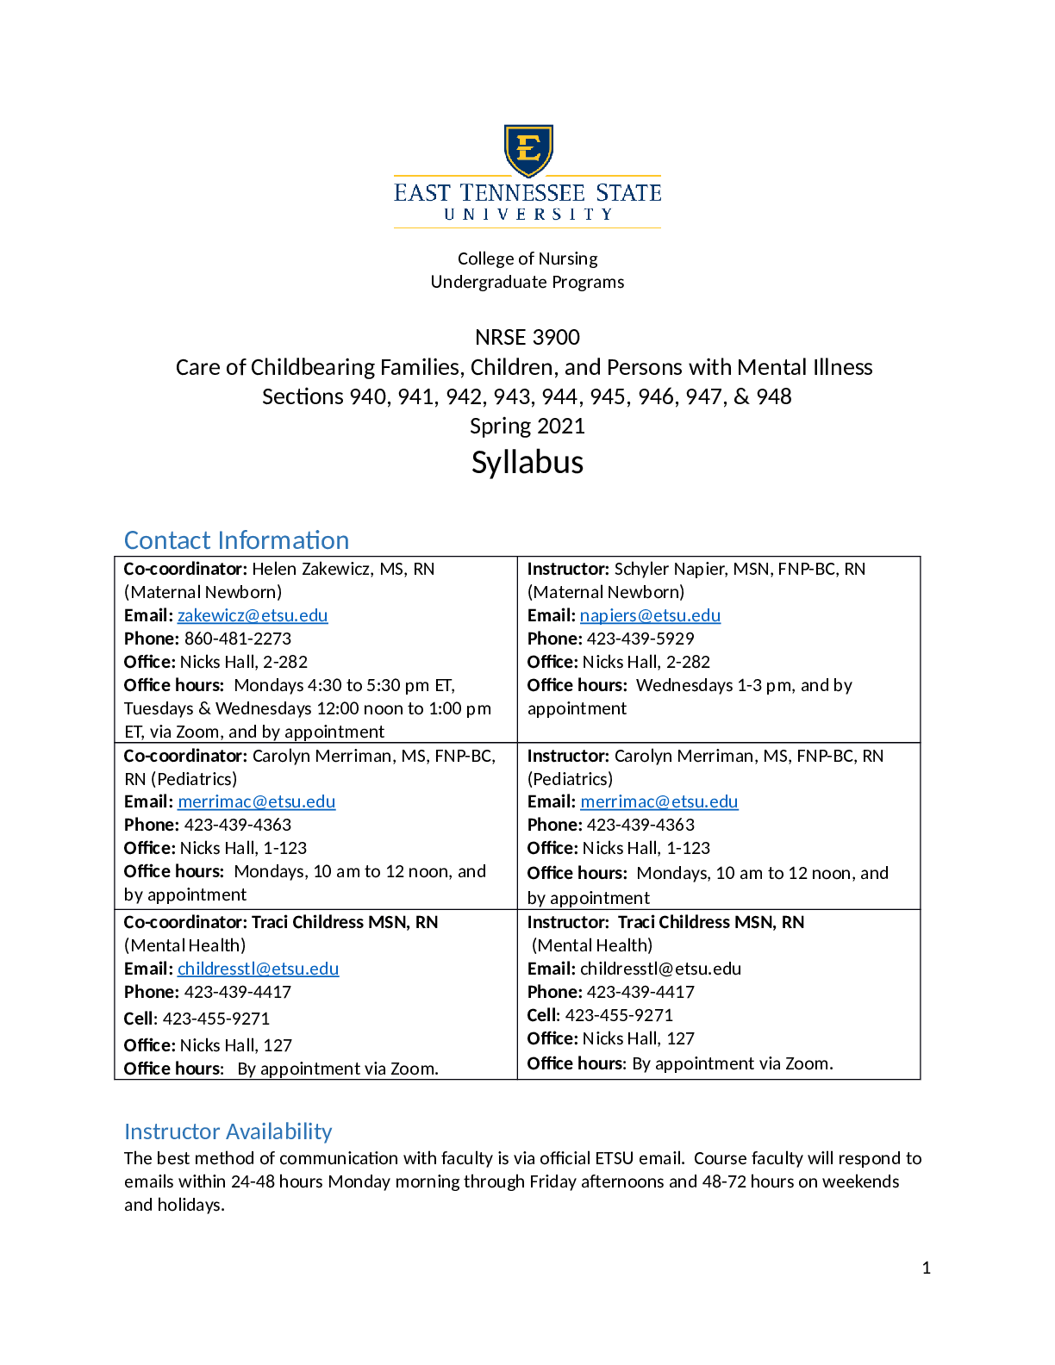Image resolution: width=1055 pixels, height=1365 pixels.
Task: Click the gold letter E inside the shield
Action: (527, 148)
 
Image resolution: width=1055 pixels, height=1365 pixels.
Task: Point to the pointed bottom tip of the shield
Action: (527, 175)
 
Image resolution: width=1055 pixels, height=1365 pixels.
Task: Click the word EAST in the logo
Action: (422, 193)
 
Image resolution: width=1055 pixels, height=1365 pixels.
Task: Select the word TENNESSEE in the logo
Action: (522, 193)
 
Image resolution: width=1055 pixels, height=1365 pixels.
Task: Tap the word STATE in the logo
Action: (628, 193)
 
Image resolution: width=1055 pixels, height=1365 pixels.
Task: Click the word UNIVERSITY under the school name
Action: (527, 215)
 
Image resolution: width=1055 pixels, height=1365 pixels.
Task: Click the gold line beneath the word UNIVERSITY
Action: (527, 227)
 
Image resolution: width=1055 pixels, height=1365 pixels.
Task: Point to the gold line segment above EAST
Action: (448, 176)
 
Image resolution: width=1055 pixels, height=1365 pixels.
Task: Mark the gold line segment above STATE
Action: (608, 176)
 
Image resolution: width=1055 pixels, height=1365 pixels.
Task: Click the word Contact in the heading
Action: (168, 540)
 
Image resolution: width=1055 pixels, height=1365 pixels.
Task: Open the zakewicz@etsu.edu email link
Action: (253, 615)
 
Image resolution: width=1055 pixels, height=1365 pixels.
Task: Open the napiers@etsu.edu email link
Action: (651, 615)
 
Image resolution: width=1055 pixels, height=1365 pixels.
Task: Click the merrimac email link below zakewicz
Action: (256, 801)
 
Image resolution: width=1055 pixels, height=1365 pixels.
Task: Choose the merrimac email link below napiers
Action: (659, 801)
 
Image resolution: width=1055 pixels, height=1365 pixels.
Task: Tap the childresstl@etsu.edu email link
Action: (258, 969)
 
